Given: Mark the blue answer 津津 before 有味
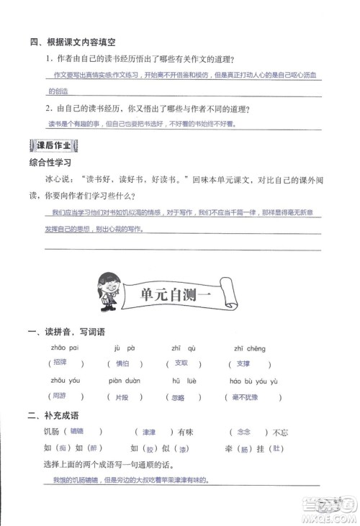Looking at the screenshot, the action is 157,432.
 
